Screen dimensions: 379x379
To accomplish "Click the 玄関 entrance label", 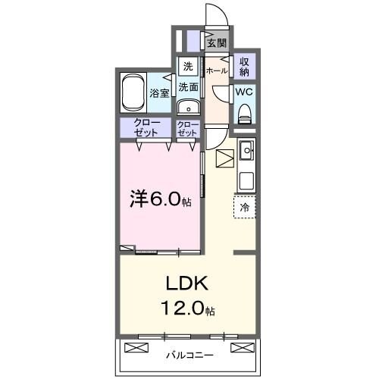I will [x=217, y=43].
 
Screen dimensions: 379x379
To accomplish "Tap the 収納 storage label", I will [x=244, y=66].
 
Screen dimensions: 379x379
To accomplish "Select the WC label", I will [x=244, y=92].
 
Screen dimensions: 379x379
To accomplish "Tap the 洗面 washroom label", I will [x=188, y=87].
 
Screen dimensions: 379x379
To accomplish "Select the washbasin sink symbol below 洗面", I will [x=188, y=107].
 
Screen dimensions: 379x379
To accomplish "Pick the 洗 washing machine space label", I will [x=187, y=65].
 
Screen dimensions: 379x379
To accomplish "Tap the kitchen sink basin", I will [x=246, y=152].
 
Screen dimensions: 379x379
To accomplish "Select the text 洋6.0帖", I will [x=160, y=199].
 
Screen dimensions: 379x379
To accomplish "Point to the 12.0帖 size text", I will [x=186, y=309].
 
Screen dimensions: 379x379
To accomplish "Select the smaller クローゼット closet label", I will [x=187, y=127].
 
